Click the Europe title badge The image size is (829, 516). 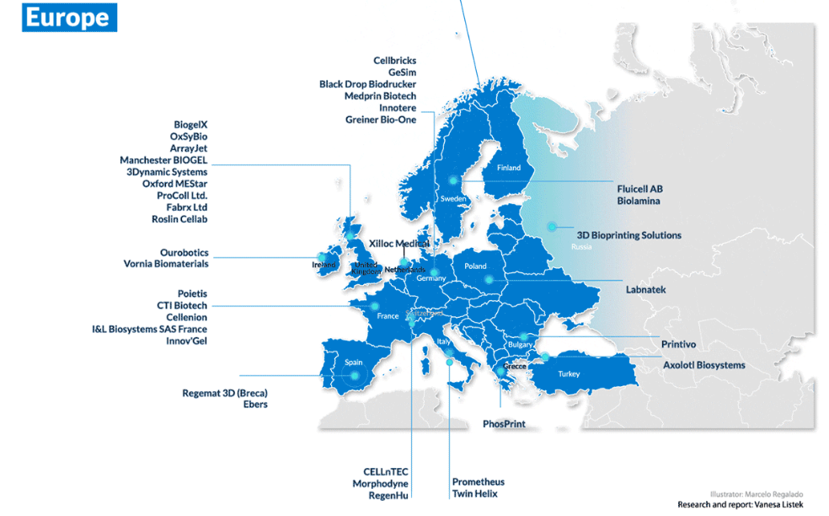69,19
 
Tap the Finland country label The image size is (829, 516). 509,168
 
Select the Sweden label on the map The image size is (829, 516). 453,199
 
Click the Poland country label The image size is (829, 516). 475,266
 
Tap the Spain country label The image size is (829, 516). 354,363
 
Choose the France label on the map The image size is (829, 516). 388,316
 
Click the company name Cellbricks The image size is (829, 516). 394,61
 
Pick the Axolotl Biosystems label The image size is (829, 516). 703,365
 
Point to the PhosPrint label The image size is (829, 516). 504,424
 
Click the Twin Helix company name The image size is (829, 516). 475,494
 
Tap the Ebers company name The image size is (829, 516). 255,405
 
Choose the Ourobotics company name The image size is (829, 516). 184,253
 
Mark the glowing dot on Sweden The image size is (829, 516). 453,180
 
